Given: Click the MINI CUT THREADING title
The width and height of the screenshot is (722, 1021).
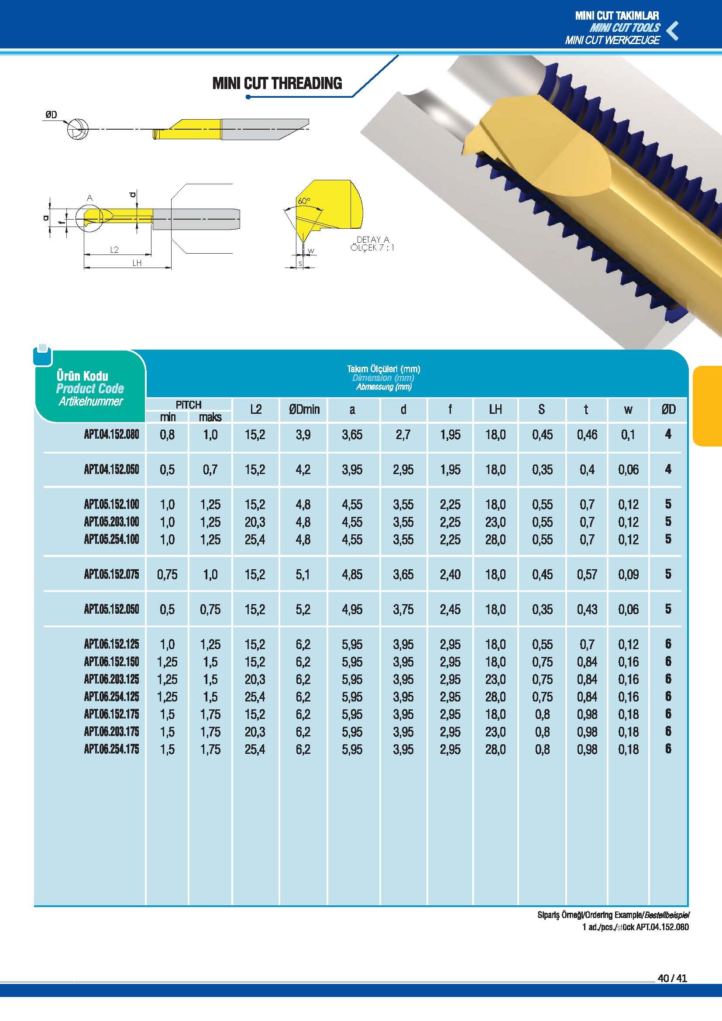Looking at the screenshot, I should point(277,83).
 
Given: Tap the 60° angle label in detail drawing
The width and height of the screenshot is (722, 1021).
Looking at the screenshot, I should point(304,201).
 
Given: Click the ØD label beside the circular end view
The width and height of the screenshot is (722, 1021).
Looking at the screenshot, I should point(51,115).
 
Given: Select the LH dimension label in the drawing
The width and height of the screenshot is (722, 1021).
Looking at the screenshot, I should point(137,263).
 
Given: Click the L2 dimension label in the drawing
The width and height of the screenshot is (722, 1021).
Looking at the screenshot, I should point(114,250).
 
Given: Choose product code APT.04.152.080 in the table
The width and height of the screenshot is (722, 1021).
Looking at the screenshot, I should point(111,434).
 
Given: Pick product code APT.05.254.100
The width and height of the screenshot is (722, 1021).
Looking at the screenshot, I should point(111,540).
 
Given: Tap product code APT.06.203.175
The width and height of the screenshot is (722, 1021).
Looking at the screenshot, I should point(111,732).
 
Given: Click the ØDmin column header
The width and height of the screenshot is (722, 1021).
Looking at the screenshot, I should point(304,409).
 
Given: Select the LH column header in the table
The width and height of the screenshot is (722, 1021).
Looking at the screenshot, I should point(495,409).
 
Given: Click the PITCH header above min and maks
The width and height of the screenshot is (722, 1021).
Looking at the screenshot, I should point(189,405).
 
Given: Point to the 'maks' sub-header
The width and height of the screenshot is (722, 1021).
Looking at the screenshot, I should point(210,417).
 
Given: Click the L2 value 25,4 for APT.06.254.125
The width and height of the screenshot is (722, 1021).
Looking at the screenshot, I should point(255,697).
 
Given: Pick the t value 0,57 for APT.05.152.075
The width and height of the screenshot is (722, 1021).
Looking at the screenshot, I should point(587,574).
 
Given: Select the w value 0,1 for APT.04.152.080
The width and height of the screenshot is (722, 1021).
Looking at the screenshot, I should point(628,434).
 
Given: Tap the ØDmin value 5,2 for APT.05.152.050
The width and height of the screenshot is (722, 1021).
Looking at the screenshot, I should point(303,609).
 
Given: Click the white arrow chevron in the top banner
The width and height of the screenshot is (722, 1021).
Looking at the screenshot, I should point(673,30).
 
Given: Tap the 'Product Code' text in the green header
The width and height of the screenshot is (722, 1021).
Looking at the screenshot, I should point(90,388).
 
